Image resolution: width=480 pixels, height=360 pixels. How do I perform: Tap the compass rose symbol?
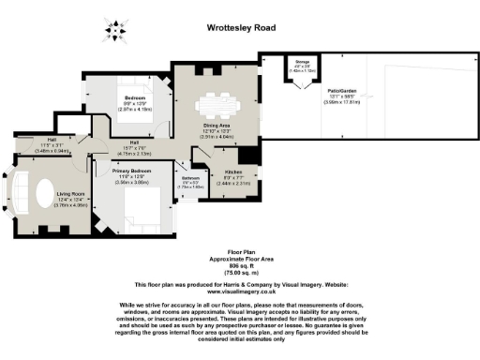click(115, 31)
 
